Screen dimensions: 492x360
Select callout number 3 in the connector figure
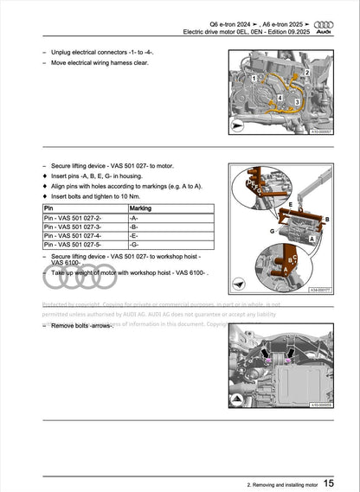(x=297, y=101)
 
